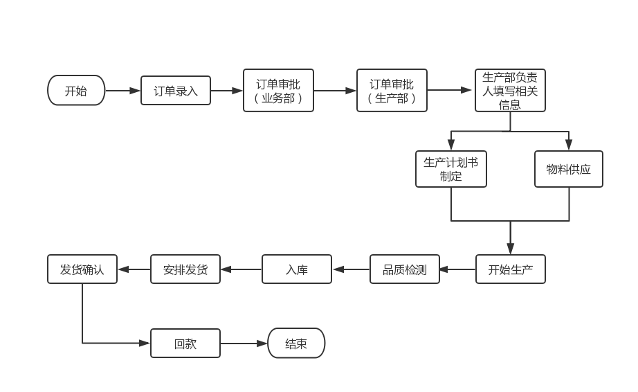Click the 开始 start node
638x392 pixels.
pos(76,91)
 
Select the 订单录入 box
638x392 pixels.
pos(176,91)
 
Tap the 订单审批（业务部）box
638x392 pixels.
pos(278,91)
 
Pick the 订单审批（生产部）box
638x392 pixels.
pos(392,91)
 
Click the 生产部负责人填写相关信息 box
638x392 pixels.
pos(510,91)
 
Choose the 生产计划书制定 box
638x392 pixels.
pos(451,169)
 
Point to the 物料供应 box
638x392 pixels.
pos(569,169)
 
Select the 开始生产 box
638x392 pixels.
pos(511,269)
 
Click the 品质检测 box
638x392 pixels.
pos(405,269)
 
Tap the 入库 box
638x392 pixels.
pos(297,269)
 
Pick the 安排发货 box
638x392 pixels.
pos(185,269)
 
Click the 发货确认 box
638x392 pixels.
pos(82,269)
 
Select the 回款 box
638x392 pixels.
pos(185,344)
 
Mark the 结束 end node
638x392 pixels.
pos(296,344)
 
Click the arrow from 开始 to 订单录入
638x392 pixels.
pos(123,91)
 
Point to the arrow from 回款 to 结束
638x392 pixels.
pos(244,344)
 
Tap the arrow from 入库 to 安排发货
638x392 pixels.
pos(241,269)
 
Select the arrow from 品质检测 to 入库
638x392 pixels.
pos(351,269)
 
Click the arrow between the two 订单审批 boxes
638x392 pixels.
pos(335,91)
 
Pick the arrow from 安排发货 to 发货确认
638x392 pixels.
pos(134,269)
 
